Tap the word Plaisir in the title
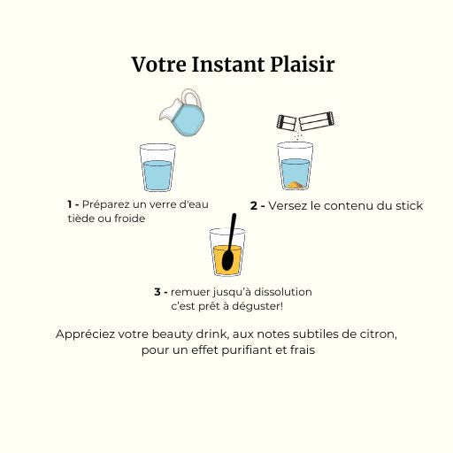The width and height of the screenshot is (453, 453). coord(303,65)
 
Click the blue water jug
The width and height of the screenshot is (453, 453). coord(183,112)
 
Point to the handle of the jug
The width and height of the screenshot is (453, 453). coord(192,96)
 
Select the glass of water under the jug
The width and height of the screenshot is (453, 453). coord(157,167)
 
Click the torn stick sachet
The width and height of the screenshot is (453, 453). coord(305,121)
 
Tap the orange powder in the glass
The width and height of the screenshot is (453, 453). coord(295,185)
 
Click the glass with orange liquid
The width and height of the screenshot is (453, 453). coord(227,252)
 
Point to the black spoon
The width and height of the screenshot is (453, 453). coord(229,242)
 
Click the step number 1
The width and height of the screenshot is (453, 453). coord(70,204)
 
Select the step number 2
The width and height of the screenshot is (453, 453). coord(254,206)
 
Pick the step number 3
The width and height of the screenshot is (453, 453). coord(157,292)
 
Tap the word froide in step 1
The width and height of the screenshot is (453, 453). coord(130,219)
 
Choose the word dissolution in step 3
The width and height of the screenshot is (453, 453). coord(283,292)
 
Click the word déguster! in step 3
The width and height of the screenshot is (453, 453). coord(257,307)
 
